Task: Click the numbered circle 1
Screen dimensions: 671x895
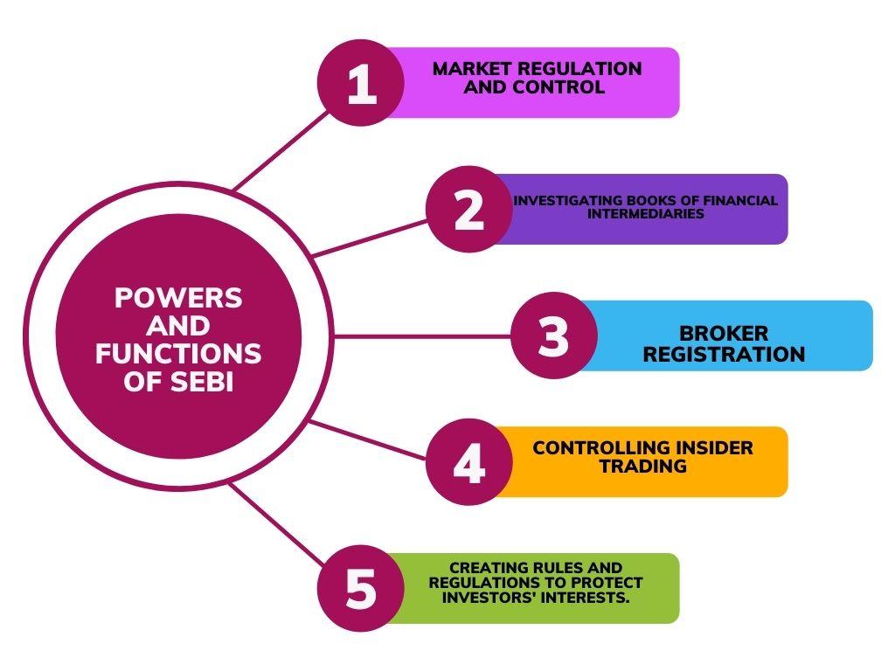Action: (360, 84)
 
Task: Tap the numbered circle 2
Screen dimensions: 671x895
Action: (469, 210)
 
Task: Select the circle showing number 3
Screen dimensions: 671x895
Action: (553, 336)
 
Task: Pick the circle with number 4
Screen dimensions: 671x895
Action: (469, 462)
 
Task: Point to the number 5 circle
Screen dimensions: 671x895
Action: (360, 588)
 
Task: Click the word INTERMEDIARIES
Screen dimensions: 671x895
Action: (645, 213)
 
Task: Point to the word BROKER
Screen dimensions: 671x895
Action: (724, 333)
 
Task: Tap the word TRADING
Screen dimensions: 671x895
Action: (642, 467)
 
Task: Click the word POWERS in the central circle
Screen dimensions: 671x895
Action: (178, 298)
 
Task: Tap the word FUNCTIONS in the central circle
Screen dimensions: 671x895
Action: (178, 354)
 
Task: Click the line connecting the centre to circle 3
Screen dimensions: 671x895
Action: (420, 336)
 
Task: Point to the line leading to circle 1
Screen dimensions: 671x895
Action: (280, 149)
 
